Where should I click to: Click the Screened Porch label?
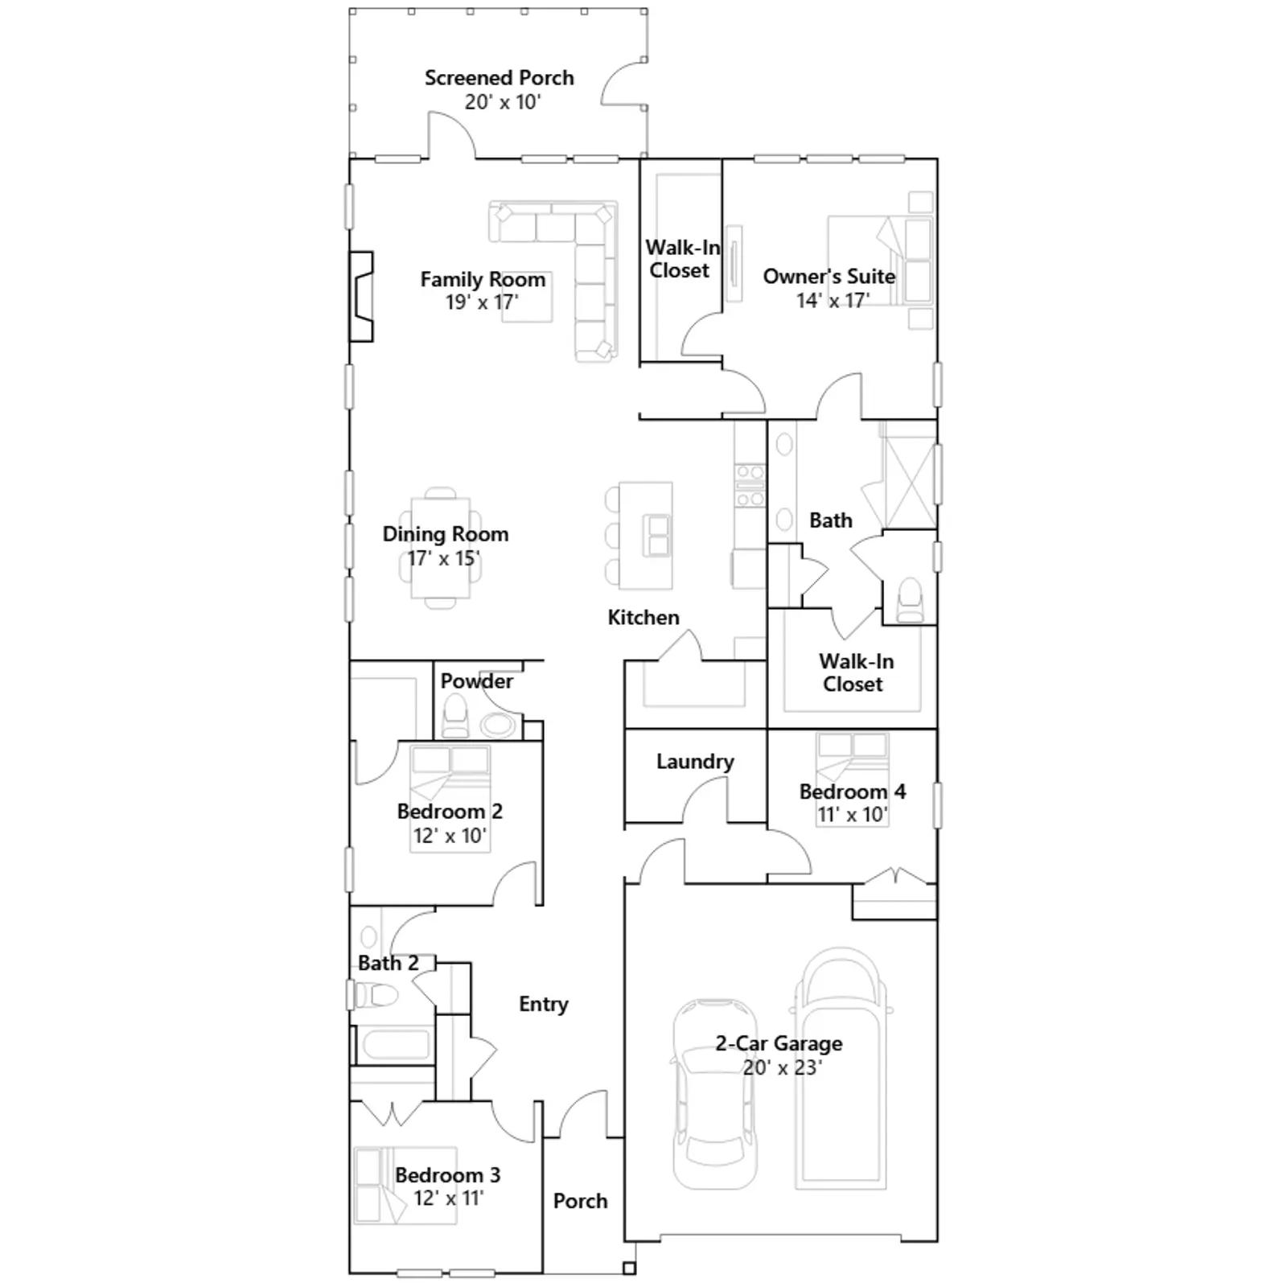pos(499,78)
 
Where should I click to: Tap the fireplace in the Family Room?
pos(361,297)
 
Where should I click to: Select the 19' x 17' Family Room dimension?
pos(482,302)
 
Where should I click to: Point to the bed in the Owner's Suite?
pos(880,258)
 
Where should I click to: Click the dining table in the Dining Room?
pos(441,548)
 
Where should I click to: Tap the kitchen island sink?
pos(658,536)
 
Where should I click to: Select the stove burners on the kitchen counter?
pos(750,486)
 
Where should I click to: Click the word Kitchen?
pos(643,617)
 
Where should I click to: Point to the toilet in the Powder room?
pos(455,717)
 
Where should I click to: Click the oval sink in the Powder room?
pos(499,725)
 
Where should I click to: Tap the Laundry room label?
pos(695,761)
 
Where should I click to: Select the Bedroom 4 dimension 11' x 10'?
pos(852,814)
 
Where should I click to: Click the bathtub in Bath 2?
pos(395,1046)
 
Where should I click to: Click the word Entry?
pos(544,1004)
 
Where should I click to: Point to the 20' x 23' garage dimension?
pos(782,1067)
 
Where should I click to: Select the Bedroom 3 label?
pos(447,1174)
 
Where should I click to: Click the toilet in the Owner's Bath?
pos(910,598)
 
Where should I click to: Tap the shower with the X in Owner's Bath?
pos(910,476)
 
